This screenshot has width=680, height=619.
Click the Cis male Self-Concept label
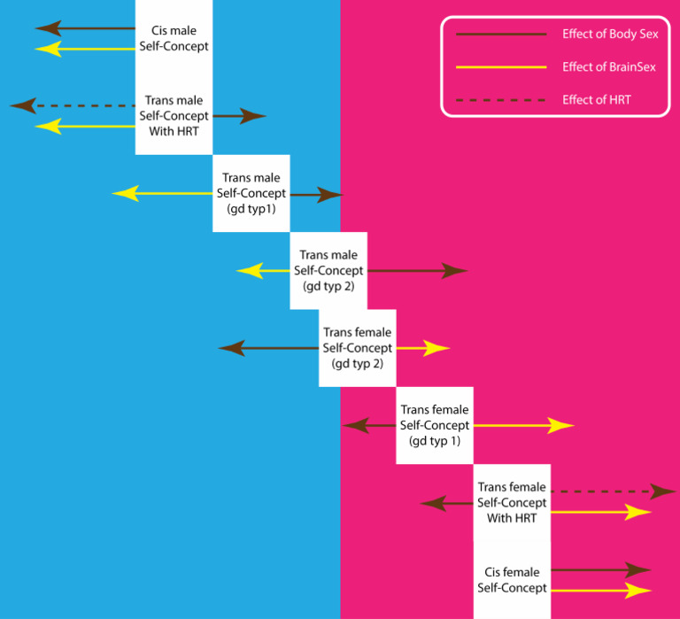pos(174,39)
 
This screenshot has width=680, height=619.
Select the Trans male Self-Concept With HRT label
pos(174,116)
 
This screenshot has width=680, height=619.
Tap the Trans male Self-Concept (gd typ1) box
pos(251,193)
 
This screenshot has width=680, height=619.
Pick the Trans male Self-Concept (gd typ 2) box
pos(328,270)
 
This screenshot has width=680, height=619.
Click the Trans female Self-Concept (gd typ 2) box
pos(357,348)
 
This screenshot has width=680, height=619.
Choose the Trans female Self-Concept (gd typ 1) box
pos(435,425)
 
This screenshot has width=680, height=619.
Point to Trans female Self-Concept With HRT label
pos(512,502)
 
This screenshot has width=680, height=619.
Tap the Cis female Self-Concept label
pos(512,579)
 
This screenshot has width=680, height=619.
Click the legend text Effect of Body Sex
pos(609,35)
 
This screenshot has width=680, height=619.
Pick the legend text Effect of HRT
pos(596,100)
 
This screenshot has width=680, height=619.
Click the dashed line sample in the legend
pos(500,100)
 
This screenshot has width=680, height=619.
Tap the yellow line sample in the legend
pos(500,67)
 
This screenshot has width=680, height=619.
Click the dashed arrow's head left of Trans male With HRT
pos(23,105)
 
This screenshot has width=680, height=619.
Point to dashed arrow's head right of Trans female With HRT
pos(664,491)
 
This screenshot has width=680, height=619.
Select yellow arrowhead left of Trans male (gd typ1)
pos(124,193)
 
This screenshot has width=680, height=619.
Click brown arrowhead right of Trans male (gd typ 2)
pos(455,271)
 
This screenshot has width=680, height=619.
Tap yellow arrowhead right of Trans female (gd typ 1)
pos(561,426)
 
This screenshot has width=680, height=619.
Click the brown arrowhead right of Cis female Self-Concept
pos(639,570)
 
